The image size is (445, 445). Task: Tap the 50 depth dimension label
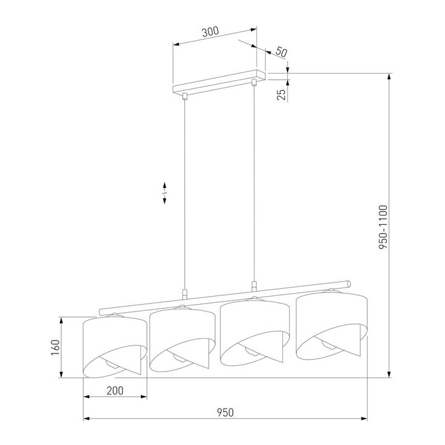coord(281,52)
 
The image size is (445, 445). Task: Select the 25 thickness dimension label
coord(281,93)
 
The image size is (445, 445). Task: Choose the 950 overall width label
coord(225,412)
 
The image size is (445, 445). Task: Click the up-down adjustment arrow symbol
coord(165,192)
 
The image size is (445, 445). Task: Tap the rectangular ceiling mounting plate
coord(219,83)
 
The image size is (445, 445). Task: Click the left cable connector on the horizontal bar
coord(184,294)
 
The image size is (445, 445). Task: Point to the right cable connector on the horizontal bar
coord(253,286)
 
